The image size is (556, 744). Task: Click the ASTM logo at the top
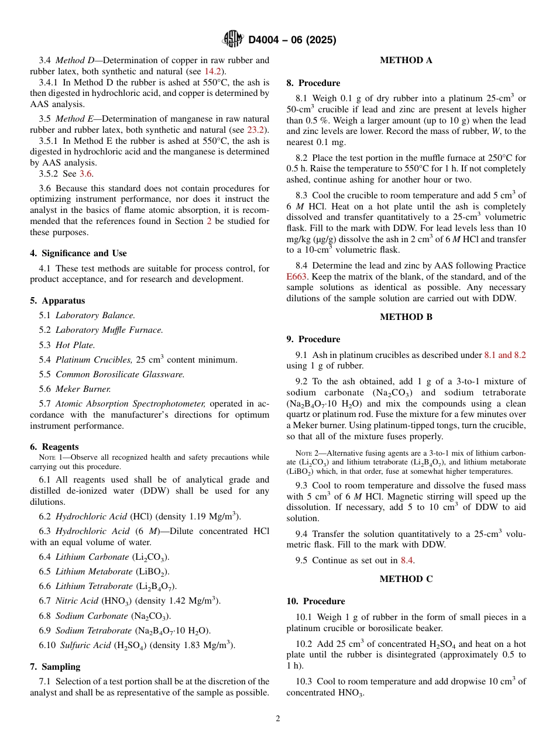tap(233, 39)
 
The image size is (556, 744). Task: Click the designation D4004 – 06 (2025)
tap(292, 40)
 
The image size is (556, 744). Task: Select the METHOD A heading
tap(406, 60)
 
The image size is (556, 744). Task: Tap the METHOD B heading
tap(406, 317)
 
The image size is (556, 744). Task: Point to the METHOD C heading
tap(406, 579)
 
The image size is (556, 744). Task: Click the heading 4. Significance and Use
tap(78, 253)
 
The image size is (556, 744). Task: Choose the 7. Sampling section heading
tap(55, 667)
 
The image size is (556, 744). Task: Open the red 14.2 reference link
tap(212, 71)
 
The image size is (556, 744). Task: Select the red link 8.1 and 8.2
tap(504, 355)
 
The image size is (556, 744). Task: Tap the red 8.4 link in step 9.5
tap(407, 560)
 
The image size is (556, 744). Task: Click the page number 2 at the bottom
tap(278, 719)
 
